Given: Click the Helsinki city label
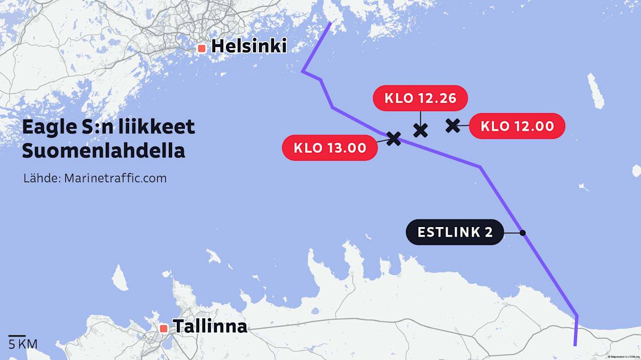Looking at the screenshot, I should tap(249, 47).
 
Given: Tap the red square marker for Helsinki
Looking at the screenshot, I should tap(201, 48).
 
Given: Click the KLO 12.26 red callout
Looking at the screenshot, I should tap(420, 98).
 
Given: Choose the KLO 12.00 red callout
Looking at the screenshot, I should tap(517, 127).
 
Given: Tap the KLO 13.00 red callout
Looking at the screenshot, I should tap(329, 147).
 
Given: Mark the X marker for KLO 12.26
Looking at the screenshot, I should tap(420, 129).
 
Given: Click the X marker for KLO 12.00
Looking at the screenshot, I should tap(452, 126).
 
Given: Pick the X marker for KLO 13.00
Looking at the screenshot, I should tap(393, 139).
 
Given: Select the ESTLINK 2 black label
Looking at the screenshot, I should tap(455, 232).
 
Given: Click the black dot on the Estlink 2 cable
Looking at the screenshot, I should tap(522, 232).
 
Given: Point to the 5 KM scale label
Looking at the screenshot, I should tap(22, 343).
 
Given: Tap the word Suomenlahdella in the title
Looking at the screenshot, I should tap(103, 151).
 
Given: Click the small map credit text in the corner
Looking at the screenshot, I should tap(623, 356).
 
